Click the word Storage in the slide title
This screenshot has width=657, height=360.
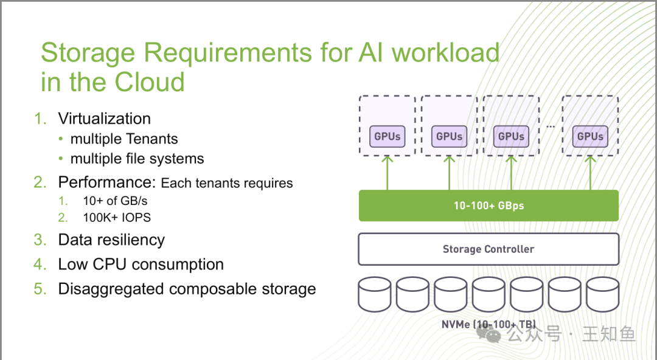click(88, 53)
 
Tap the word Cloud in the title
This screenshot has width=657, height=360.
click(150, 81)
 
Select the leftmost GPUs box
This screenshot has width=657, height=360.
click(387, 136)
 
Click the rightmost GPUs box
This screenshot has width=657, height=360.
click(590, 136)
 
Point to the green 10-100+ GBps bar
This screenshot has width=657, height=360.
click(488, 206)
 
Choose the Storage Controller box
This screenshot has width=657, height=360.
click(488, 249)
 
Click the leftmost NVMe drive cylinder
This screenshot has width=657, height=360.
click(375, 294)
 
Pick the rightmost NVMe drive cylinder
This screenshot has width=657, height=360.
click(602, 294)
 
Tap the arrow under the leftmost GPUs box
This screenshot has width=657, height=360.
click(387, 173)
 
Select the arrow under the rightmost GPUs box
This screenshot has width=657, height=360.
click(590, 173)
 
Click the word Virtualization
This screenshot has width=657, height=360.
click(105, 119)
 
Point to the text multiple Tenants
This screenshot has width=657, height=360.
click(124, 139)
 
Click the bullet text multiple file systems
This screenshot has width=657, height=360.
click(137, 159)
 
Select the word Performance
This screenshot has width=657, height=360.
click(107, 182)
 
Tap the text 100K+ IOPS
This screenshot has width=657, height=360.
click(116, 218)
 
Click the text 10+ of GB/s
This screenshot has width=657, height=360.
click(115, 201)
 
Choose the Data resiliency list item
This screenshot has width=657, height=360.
click(111, 240)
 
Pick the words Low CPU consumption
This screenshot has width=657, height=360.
click(141, 265)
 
